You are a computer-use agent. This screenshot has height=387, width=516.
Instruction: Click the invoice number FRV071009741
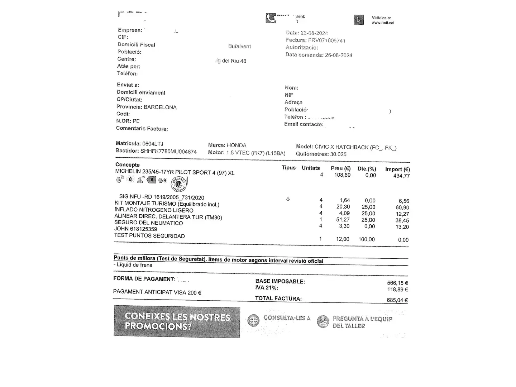[x=326, y=40]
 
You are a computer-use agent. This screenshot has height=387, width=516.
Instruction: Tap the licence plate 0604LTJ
[x=153, y=144]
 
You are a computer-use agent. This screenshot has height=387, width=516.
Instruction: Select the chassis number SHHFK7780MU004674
[x=168, y=152]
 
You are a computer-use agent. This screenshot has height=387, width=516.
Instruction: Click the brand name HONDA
[x=236, y=145]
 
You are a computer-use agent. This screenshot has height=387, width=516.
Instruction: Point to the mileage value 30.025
[x=338, y=154]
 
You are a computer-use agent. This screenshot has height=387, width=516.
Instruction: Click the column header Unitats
[x=311, y=168]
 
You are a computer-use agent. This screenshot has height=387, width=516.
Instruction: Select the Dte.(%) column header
[x=367, y=169]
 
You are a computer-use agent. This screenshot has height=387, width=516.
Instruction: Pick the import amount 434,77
[x=401, y=176]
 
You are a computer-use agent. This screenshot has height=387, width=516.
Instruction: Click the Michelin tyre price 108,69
[x=342, y=175]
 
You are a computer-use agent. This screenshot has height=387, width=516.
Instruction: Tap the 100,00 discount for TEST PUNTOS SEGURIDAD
[x=366, y=239]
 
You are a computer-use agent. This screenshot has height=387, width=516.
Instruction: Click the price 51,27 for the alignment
[x=343, y=220]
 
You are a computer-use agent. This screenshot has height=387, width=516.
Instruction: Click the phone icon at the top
[x=271, y=18]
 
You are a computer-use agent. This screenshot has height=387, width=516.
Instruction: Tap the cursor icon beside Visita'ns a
[x=359, y=20]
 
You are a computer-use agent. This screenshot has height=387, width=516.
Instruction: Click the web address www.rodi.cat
[x=383, y=23]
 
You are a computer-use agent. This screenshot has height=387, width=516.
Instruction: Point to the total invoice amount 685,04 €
[x=397, y=300]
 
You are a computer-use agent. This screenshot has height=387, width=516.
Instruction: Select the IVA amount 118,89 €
[x=397, y=290]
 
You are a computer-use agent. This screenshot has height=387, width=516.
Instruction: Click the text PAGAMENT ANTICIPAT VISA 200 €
[x=157, y=292]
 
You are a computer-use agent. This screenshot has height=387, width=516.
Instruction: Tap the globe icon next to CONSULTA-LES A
[x=253, y=320]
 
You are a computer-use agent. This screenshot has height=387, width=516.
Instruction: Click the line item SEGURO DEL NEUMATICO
[x=148, y=223]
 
